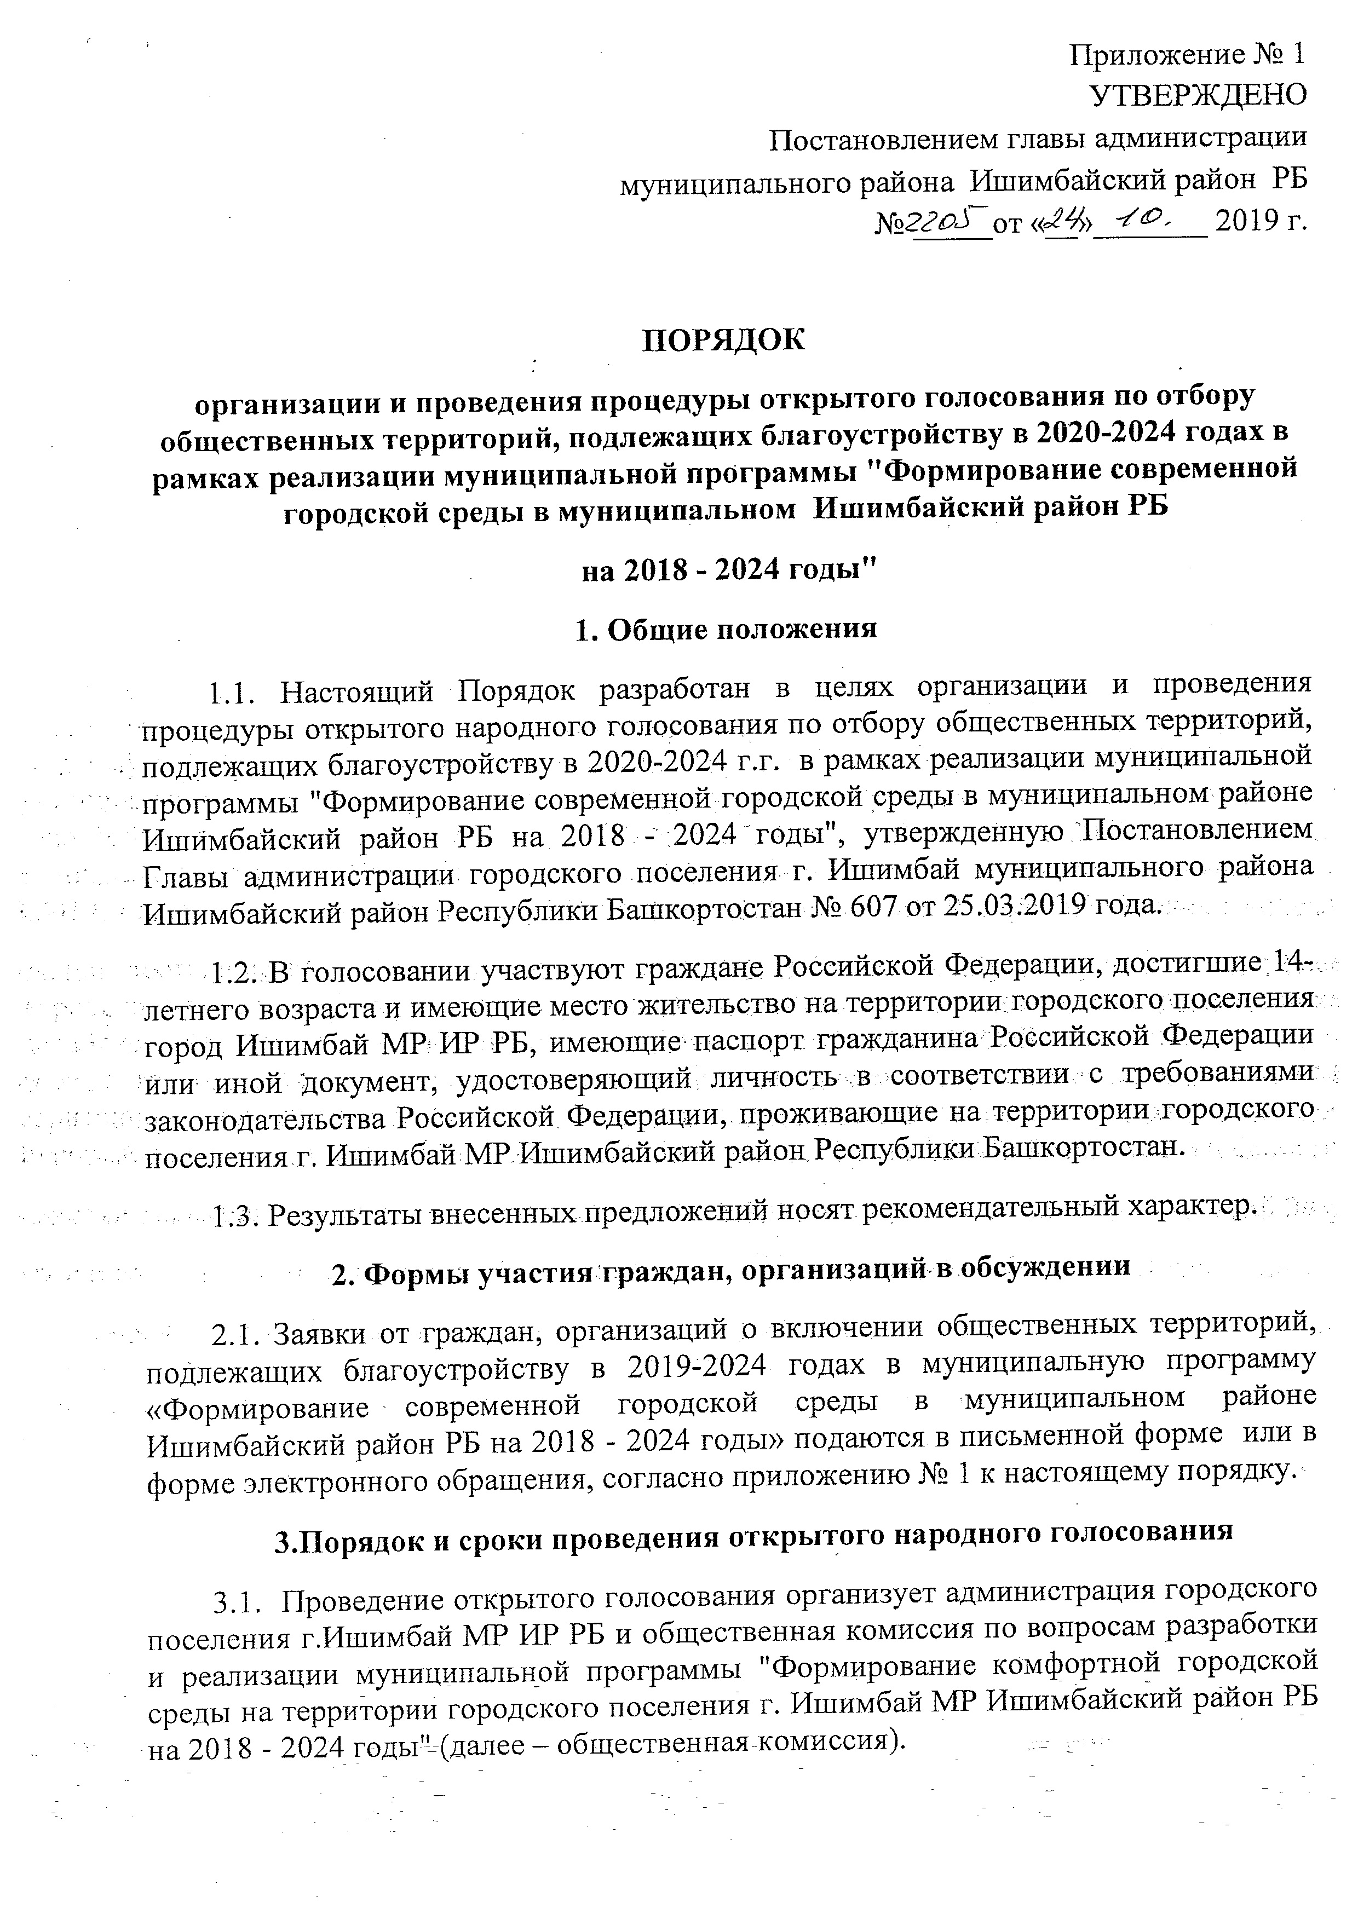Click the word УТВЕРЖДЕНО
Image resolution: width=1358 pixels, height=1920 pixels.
point(1198,95)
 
